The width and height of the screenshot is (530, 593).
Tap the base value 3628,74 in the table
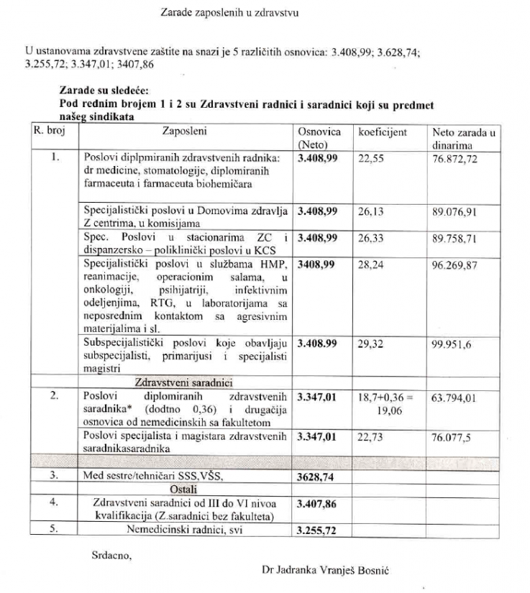pos(317,476)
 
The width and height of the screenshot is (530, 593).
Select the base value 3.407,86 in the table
pos(317,504)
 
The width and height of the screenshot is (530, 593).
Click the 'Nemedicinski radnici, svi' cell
pos(186,530)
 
